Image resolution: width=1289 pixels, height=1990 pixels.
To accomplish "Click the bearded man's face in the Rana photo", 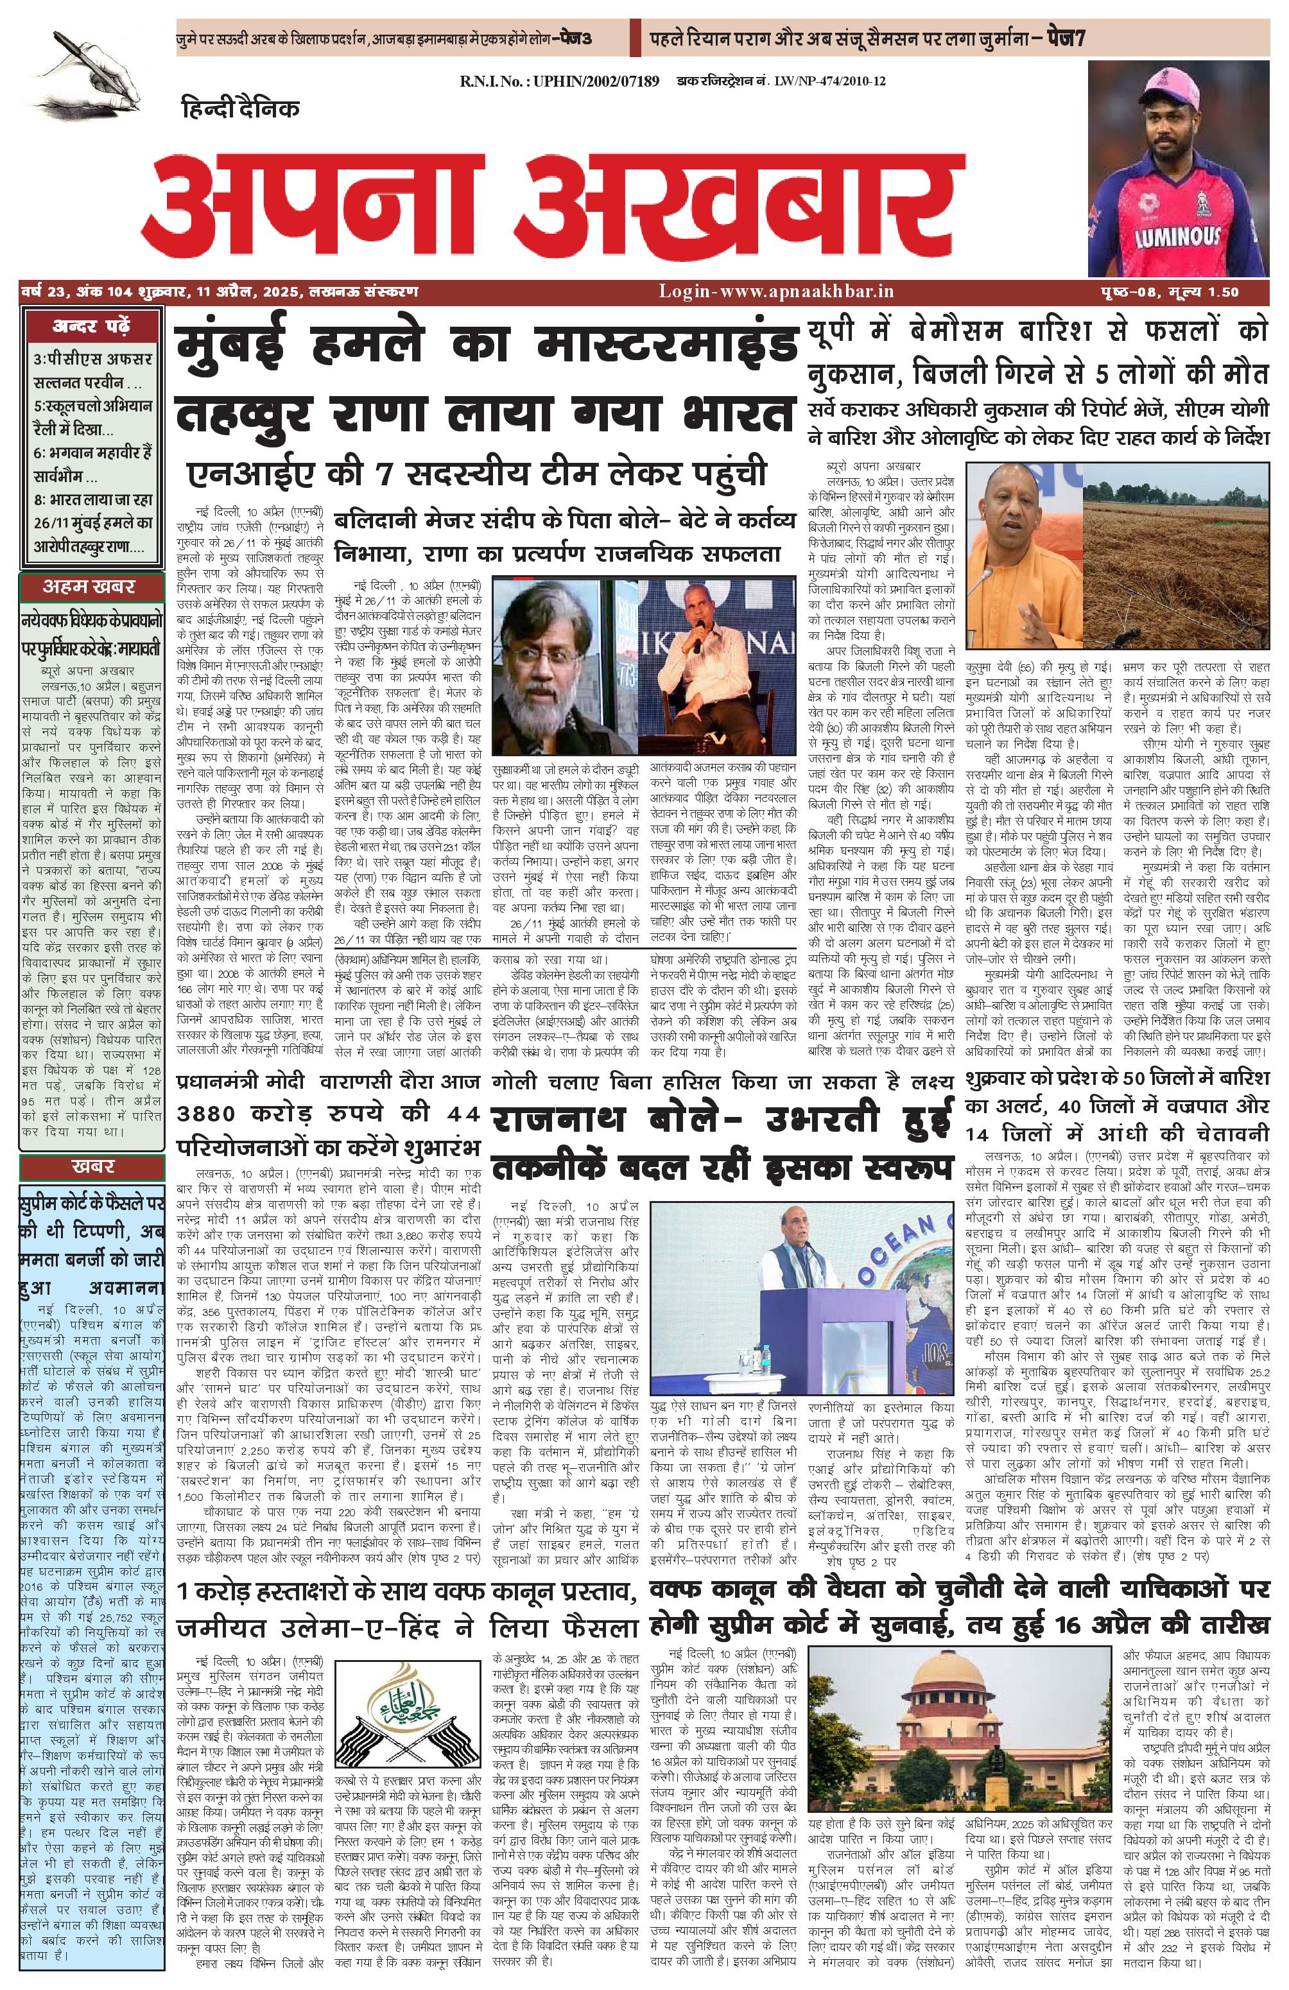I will click(543, 669).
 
